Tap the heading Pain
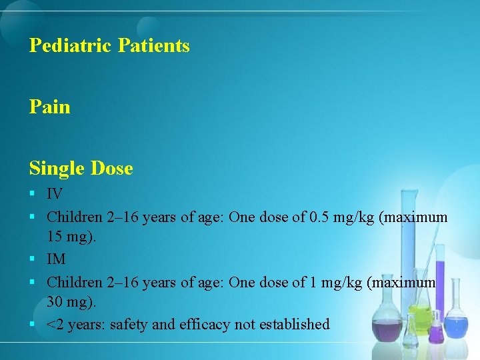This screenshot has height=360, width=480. click(49, 107)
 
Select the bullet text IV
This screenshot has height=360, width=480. click(55, 195)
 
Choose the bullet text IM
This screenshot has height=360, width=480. click(56, 259)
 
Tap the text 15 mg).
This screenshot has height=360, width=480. click(71, 237)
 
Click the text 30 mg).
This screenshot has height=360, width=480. click(71, 301)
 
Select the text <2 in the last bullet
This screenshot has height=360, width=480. click(55, 325)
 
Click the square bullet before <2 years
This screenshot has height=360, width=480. click(33, 325)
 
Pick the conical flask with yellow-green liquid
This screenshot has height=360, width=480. click(421, 317)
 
